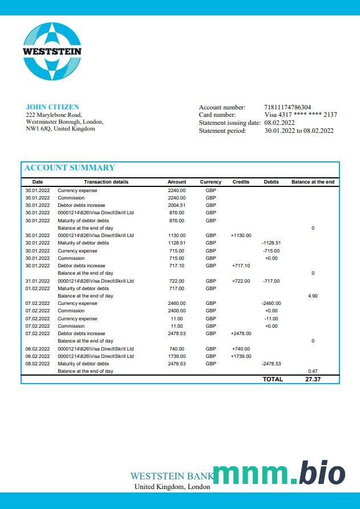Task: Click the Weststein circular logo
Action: (x=52, y=51)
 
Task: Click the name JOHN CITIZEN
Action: (x=52, y=107)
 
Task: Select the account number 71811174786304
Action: (x=288, y=107)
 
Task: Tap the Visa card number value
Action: (x=300, y=115)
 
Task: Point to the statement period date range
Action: (x=299, y=131)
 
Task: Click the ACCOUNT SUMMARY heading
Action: (x=69, y=168)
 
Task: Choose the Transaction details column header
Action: (x=106, y=182)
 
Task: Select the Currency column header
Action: (x=211, y=182)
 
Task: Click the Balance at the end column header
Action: (x=313, y=182)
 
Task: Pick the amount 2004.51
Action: (x=177, y=205)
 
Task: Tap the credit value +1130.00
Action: (x=241, y=235)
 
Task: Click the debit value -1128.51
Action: (x=271, y=243)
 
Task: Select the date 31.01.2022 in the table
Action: (x=38, y=281)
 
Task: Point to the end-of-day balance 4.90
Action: (x=313, y=296)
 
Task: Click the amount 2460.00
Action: (x=177, y=303)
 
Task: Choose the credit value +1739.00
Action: (x=241, y=356)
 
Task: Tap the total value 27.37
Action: (x=313, y=379)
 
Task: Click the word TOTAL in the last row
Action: (x=273, y=379)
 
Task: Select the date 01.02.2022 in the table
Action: (x=38, y=288)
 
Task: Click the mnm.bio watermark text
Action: (x=279, y=474)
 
